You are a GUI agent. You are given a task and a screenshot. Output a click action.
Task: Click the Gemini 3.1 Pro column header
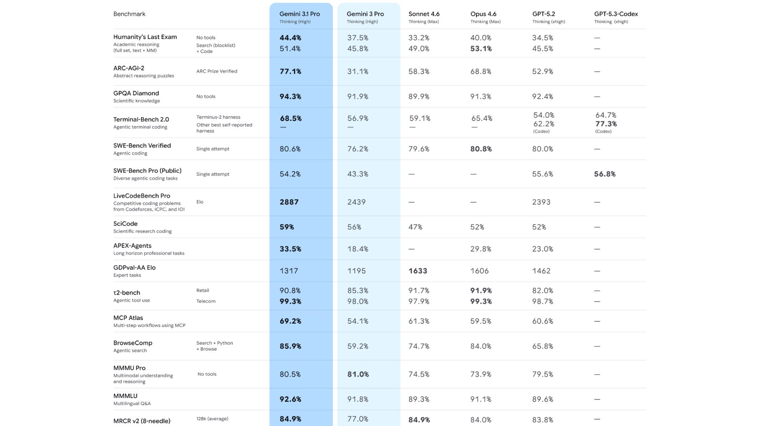click(300, 14)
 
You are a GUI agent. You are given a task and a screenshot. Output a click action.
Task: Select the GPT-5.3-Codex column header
click(616, 14)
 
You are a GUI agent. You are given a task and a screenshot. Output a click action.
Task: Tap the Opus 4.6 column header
click(483, 14)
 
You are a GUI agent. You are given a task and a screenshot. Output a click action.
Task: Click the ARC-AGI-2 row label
click(129, 68)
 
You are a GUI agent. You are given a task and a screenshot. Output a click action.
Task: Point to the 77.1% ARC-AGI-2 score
click(290, 71)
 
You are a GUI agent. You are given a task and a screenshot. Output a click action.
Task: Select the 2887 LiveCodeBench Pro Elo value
click(289, 202)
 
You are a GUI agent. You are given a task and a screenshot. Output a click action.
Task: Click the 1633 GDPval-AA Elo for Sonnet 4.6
click(418, 271)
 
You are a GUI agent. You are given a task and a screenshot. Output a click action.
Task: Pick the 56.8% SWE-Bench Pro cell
click(604, 174)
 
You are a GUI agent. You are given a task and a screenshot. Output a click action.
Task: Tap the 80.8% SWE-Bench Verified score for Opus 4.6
click(481, 149)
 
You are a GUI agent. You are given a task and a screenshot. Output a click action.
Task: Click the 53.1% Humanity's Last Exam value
click(481, 49)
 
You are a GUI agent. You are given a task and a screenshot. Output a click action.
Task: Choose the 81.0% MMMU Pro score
click(358, 374)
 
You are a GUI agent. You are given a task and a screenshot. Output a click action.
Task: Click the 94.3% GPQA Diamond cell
click(290, 97)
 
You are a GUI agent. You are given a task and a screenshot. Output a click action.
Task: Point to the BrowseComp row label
click(133, 343)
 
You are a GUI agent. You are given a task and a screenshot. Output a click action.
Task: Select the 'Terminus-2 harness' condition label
click(218, 117)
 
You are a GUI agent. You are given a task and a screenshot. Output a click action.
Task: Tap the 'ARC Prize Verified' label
click(216, 71)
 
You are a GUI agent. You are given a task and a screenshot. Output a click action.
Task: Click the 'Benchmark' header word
click(129, 14)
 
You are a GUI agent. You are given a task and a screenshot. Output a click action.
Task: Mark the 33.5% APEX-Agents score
click(290, 249)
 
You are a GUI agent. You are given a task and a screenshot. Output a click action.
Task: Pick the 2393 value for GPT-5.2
click(541, 202)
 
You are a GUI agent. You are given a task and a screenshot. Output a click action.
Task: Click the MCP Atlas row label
click(128, 318)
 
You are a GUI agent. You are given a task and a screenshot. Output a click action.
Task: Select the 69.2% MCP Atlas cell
click(290, 321)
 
